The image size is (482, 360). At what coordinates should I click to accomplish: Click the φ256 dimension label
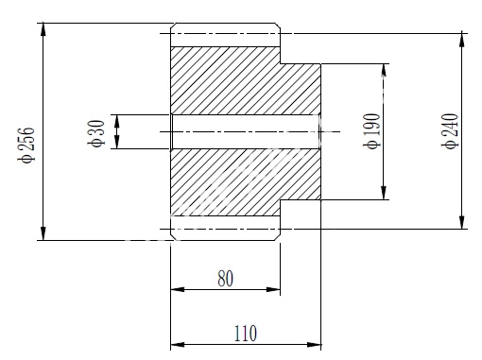click(26, 145)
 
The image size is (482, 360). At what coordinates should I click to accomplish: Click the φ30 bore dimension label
click(96, 133)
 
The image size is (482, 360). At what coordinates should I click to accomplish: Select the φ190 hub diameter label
click(372, 131)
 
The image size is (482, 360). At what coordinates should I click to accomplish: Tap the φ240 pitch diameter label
click(450, 131)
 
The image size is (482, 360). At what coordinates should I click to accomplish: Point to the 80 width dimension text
click(226, 279)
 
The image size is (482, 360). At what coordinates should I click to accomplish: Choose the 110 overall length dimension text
click(246, 334)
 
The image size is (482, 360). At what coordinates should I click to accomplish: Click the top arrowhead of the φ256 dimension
click(43, 29)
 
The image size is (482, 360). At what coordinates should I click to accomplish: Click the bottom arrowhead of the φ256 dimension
click(43, 233)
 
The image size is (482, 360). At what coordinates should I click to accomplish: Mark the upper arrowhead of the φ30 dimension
click(117, 121)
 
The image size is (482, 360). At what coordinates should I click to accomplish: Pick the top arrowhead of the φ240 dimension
click(462, 40)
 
